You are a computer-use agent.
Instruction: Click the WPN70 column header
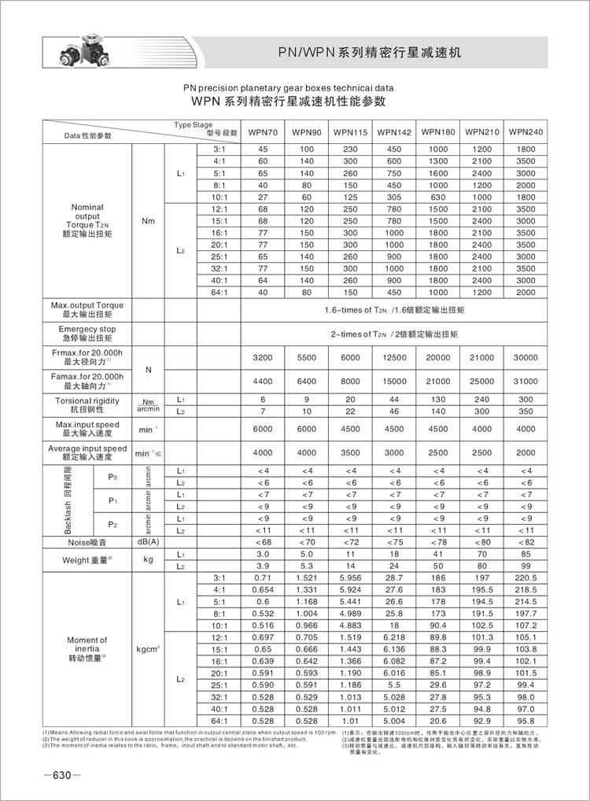click(x=263, y=131)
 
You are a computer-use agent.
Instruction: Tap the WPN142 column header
click(x=394, y=131)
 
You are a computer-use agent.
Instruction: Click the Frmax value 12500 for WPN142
click(x=394, y=357)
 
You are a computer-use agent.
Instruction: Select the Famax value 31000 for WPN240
click(x=526, y=382)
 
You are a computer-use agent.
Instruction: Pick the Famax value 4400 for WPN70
click(x=263, y=382)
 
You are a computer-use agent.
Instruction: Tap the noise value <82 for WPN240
click(x=526, y=542)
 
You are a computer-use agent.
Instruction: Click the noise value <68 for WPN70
click(x=263, y=542)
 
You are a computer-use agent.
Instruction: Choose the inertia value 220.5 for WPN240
click(x=526, y=578)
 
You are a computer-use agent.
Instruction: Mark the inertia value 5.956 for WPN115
click(x=350, y=578)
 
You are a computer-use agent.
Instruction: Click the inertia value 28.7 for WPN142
click(x=394, y=578)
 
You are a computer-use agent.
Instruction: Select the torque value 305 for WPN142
click(x=394, y=197)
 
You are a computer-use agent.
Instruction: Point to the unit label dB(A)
click(x=148, y=542)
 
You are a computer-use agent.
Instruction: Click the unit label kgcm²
click(x=148, y=650)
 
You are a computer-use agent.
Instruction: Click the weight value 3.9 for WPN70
click(x=263, y=566)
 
